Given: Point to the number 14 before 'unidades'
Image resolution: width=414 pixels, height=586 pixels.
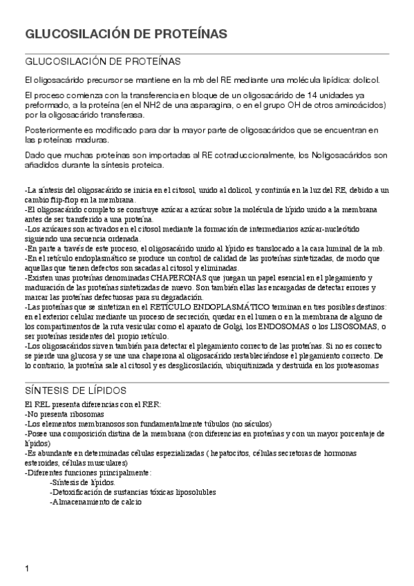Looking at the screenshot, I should [301, 95].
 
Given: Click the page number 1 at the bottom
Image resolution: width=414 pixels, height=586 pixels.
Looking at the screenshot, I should [26, 569].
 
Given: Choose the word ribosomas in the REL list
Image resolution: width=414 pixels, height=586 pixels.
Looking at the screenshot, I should [76, 413].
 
